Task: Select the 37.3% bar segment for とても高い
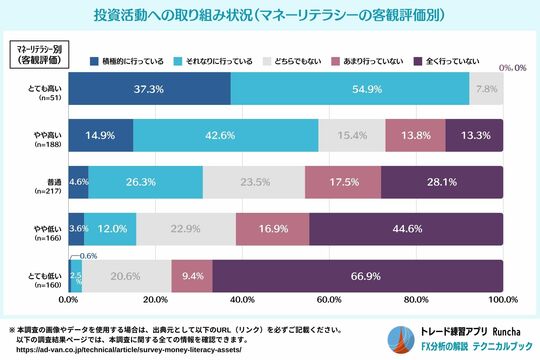149,89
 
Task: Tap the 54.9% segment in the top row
349,89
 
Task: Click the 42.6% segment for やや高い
225,134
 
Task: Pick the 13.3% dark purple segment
475,134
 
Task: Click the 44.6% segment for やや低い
406,228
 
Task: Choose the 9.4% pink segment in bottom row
192,274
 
